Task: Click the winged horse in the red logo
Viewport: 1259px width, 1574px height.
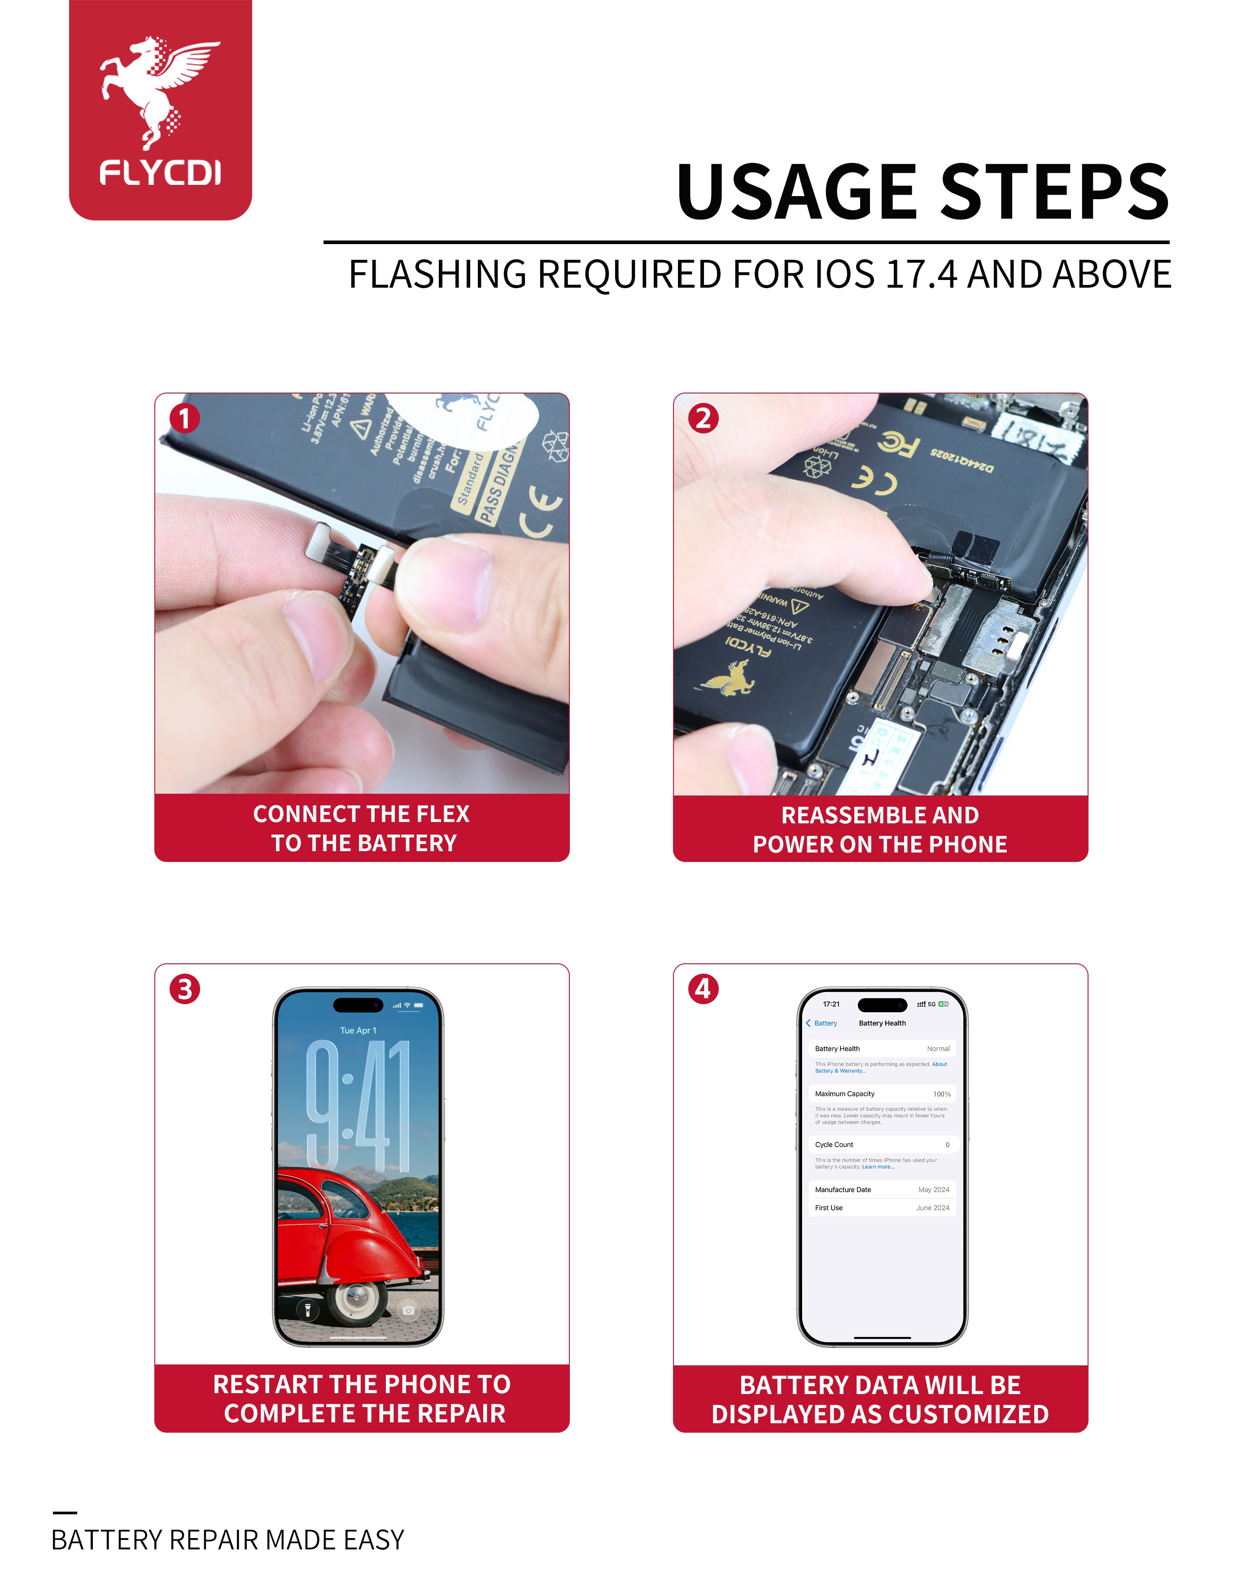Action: pos(157,87)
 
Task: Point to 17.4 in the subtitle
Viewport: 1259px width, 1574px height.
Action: pos(920,275)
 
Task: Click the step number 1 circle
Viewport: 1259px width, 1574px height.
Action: pos(185,418)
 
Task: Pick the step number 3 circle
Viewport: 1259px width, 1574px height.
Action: pos(185,989)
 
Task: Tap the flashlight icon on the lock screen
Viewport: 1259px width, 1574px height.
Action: pos(307,1311)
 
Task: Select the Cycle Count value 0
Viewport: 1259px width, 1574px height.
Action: pos(947,1145)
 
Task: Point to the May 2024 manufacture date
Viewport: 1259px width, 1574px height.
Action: pos(934,1190)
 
